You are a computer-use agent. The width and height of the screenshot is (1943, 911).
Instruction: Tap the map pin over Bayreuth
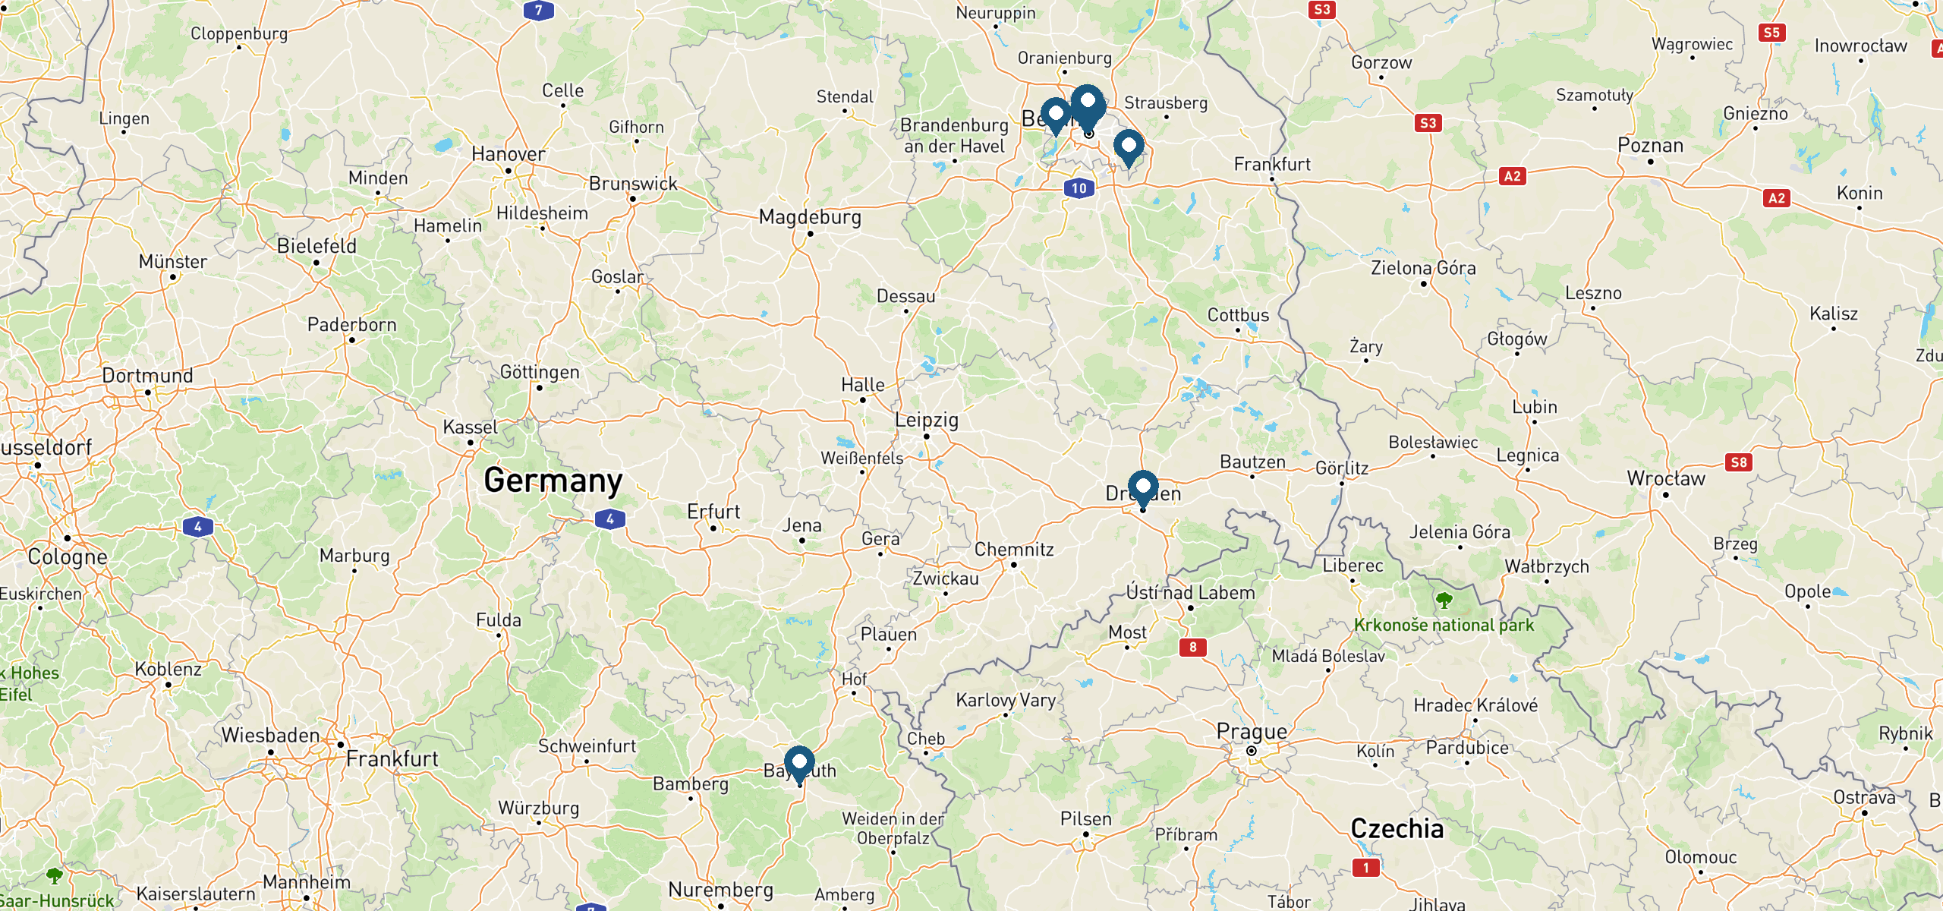799,762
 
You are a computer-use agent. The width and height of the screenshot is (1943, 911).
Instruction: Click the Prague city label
1252,732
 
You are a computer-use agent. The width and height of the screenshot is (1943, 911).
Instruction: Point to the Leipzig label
926,420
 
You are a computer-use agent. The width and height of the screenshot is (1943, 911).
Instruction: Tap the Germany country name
553,481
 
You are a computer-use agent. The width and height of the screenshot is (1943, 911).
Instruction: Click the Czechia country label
1397,828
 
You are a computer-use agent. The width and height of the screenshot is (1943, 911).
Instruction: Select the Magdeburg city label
810,218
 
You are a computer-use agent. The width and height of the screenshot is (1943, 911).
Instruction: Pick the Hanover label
508,154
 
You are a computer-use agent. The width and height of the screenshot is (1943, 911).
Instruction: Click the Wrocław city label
1666,479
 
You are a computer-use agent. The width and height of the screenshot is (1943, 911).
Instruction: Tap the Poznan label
1650,146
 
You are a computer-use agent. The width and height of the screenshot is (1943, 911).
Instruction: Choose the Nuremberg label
720,890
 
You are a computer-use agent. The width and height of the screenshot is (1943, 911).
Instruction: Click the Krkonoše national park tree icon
1444,601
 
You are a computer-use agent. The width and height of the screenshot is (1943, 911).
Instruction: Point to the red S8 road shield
1739,462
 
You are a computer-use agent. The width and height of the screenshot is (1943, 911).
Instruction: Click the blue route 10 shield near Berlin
1079,188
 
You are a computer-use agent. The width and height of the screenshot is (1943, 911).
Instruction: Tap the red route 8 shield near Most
1192,647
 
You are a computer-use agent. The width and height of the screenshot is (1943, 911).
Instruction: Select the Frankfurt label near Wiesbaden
392,758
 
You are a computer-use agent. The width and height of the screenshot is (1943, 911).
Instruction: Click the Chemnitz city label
1014,549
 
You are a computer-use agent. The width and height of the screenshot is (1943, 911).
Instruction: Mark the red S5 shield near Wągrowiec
1771,33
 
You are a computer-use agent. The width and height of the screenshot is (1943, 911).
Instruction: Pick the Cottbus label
1238,315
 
